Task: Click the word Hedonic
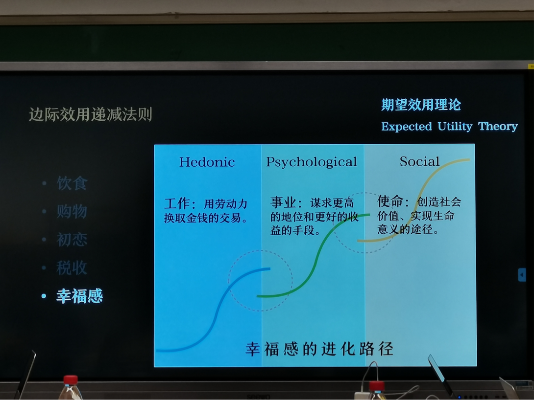point(207,162)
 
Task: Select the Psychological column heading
point(312,162)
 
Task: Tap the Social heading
point(419,161)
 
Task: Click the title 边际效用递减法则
point(91,114)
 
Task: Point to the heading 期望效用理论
point(421,105)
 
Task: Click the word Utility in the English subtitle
point(455,127)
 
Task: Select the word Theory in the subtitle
point(498,127)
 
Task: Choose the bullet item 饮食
point(72,183)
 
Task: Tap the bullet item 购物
point(72,211)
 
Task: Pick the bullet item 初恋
point(72,240)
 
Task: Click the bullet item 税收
point(72,268)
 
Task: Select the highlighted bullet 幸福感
point(80,296)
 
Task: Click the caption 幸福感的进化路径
point(319,349)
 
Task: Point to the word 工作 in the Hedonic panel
point(176,204)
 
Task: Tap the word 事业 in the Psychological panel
point(283,202)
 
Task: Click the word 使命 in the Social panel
point(390,201)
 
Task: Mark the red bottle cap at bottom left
point(71,379)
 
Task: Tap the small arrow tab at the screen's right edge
point(522,275)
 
